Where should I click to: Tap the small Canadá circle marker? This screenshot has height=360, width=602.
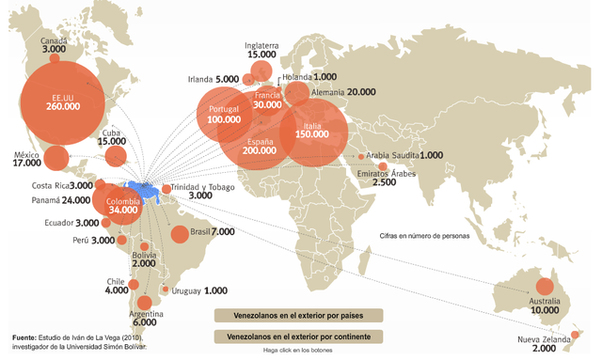coord(55,59)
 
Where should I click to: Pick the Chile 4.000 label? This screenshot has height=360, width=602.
coord(117,286)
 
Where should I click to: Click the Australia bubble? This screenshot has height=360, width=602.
coord(544,287)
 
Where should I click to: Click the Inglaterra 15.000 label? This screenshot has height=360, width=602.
coord(262,50)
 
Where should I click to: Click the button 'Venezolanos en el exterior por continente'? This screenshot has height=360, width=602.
coord(300,336)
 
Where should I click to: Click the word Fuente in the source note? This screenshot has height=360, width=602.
coord(24,337)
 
